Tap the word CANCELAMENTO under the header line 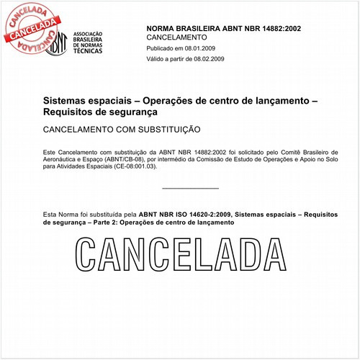click(176, 37)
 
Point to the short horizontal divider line click(190, 188)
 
